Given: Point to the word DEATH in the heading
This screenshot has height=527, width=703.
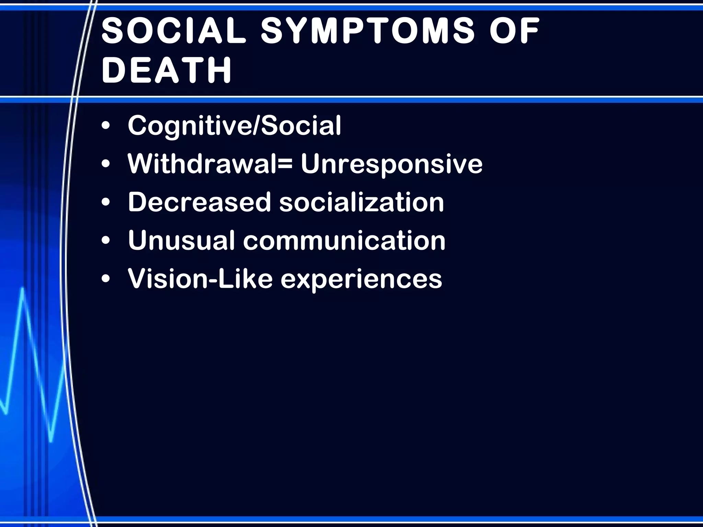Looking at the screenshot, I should (167, 70).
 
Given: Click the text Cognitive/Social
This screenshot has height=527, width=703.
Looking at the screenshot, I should (234, 126).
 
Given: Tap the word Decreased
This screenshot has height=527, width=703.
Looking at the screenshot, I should (199, 202).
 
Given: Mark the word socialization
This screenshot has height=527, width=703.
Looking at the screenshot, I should (361, 202).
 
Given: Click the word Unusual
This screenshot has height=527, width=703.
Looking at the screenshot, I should (181, 240).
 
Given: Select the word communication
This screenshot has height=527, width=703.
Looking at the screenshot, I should (344, 240).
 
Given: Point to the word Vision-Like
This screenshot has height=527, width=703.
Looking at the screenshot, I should (200, 278).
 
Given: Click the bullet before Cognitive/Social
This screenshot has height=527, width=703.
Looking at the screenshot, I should (106, 126).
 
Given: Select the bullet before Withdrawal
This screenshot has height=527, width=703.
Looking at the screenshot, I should (106, 164).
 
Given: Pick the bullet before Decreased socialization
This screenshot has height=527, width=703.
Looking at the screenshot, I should (106, 202).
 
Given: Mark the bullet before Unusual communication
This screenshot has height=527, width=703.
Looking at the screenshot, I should (106, 241).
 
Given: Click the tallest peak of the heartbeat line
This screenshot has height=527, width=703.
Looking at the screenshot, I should (23, 289).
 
